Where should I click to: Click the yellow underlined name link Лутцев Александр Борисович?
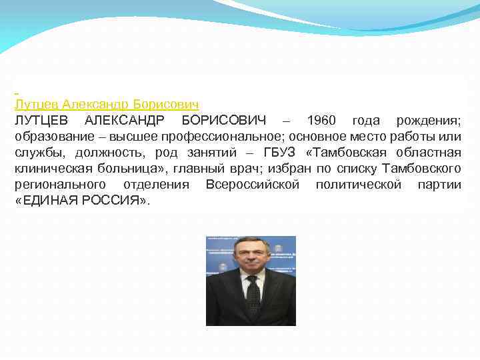coord(107,105)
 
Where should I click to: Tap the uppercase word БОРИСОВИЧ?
coord(223,121)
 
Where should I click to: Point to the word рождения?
coord(429,121)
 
